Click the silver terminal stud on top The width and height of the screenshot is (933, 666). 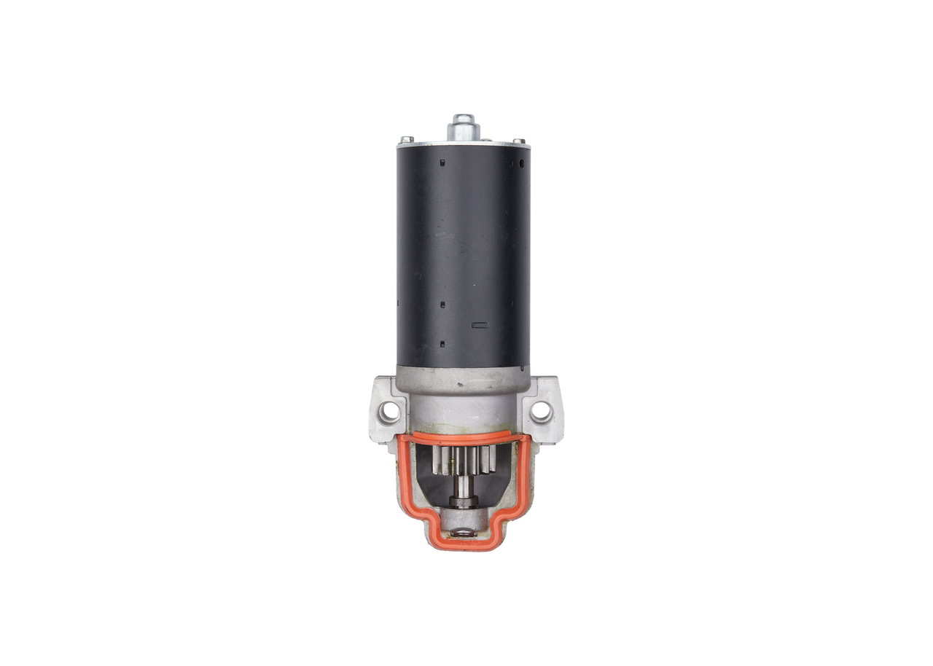click(x=463, y=127)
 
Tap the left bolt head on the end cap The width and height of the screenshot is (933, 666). click(x=406, y=138)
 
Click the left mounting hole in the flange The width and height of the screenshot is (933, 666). click(x=390, y=412)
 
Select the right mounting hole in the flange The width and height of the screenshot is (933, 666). click(x=541, y=411)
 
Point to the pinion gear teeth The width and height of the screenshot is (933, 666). click(x=464, y=461)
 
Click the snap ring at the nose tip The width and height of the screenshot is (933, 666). click(x=463, y=533)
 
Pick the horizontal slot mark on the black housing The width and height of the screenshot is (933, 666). click(x=480, y=325)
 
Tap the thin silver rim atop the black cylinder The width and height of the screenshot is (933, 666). click(x=463, y=144)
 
